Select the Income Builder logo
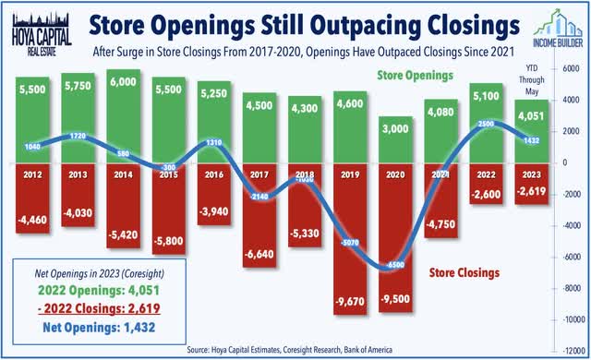(x=550, y=28)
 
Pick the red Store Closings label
(x=464, y=272)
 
